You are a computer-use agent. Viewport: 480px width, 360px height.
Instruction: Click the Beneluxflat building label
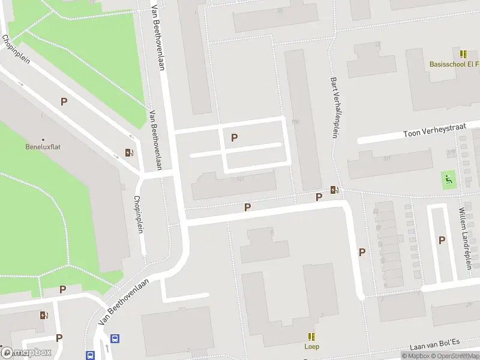[43, 146]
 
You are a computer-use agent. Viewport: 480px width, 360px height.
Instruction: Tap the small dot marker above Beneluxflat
[43, 139]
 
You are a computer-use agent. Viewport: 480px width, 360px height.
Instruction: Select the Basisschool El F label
[454, 64]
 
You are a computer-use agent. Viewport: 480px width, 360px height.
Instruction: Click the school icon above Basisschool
[463, 54]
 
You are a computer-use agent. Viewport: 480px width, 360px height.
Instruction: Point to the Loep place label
[311, 346]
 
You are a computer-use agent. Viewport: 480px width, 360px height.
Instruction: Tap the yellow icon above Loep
[311, 337]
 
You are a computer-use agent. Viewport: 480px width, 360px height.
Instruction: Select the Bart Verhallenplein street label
[334, 107]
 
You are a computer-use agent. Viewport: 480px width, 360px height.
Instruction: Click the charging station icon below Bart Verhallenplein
[334, 190]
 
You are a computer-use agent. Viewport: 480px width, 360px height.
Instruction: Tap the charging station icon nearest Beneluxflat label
[129, 152]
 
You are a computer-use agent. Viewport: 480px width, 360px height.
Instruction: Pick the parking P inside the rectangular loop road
[234, 137]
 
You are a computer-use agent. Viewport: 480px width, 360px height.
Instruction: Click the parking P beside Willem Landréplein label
[442, 240]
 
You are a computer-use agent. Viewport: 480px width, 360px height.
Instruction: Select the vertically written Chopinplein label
[139, 214]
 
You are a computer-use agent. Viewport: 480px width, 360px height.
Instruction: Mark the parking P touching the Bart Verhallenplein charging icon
[319, 197]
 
